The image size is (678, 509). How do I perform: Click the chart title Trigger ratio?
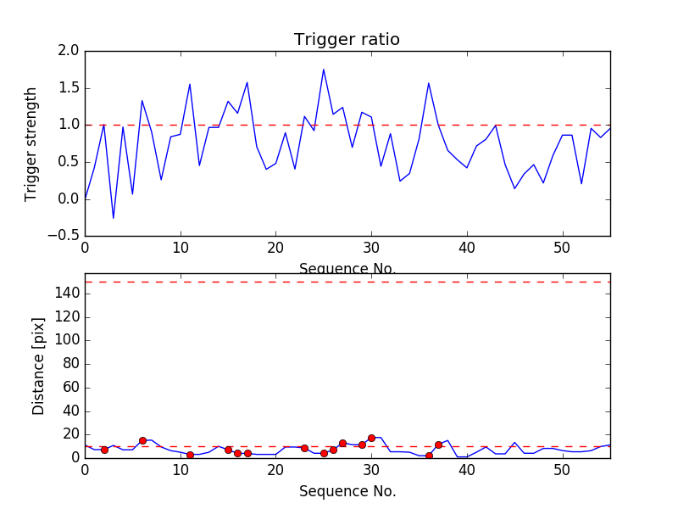[x=347, y=40]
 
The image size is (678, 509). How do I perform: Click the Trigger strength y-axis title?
[x=31, y=143]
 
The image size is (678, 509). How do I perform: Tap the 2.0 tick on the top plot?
[x=69, y=51]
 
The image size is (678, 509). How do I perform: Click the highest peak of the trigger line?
[x=324, y=70]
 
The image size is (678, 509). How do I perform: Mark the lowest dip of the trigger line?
[x=114, y=218]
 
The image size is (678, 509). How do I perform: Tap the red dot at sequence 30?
[x=371, y=438]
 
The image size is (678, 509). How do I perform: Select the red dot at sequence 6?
[x=142, y=440]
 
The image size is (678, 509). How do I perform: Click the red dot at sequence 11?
[x=190, y=455]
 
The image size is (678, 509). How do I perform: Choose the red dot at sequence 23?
[x=304, y=448]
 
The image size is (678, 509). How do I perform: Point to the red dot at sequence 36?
[x=429, y=456]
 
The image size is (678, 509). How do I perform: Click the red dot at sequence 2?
[x=104, y=450]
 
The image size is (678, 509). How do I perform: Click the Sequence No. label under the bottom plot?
[x=347, y=491]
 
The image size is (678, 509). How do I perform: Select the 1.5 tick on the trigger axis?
[x=69, y=88]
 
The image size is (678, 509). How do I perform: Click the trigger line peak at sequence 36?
[x=429, y=83]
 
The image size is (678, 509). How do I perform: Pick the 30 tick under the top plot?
[x=371, y=248]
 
